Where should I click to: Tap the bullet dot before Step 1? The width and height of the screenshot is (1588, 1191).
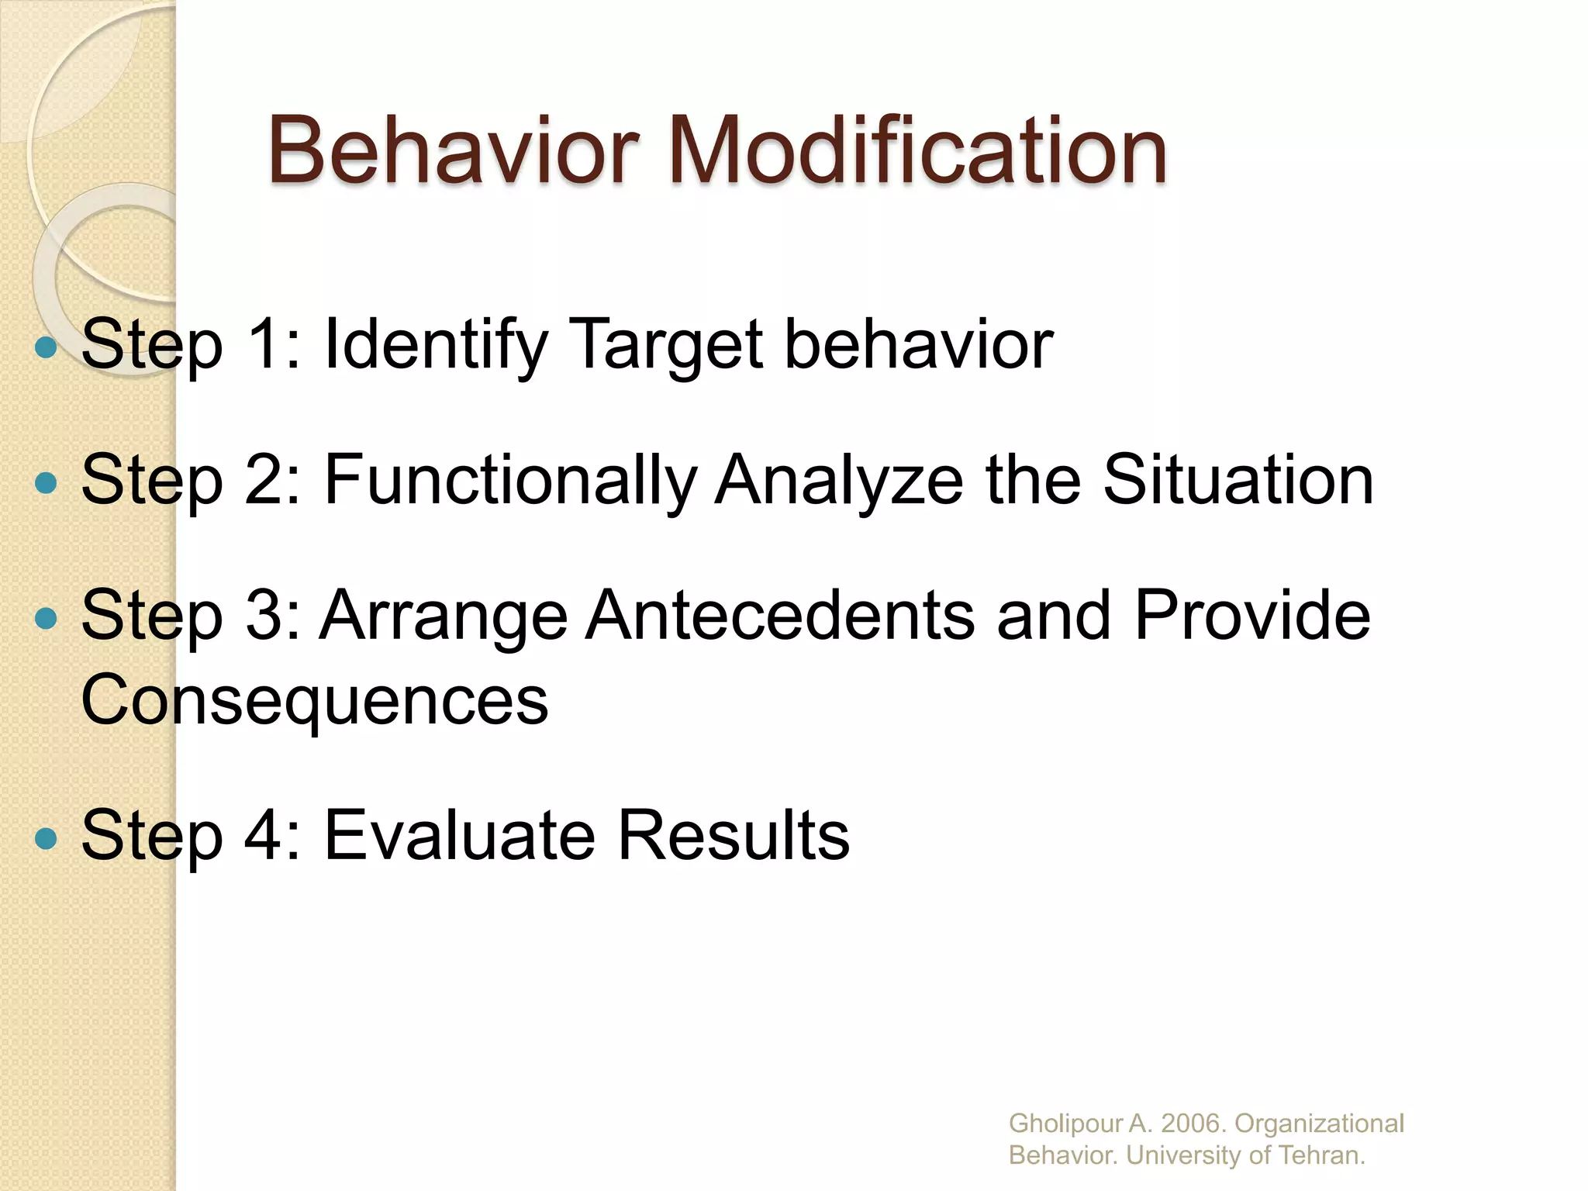click(x=47, y=347)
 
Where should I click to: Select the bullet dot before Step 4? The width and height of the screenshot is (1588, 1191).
click(x=47, y=838)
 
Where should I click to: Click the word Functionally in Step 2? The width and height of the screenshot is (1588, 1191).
click(x=510, y=481)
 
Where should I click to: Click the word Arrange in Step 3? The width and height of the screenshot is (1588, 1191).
click(x=444, y=616)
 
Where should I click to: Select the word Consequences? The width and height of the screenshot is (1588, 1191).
click(x=315, y=700)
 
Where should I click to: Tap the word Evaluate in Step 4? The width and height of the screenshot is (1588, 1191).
click(x=459, y=836)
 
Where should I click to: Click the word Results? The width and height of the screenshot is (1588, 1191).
click(x=734, y=836)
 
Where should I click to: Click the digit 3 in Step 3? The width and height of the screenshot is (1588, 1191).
click(x=264, y=616)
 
